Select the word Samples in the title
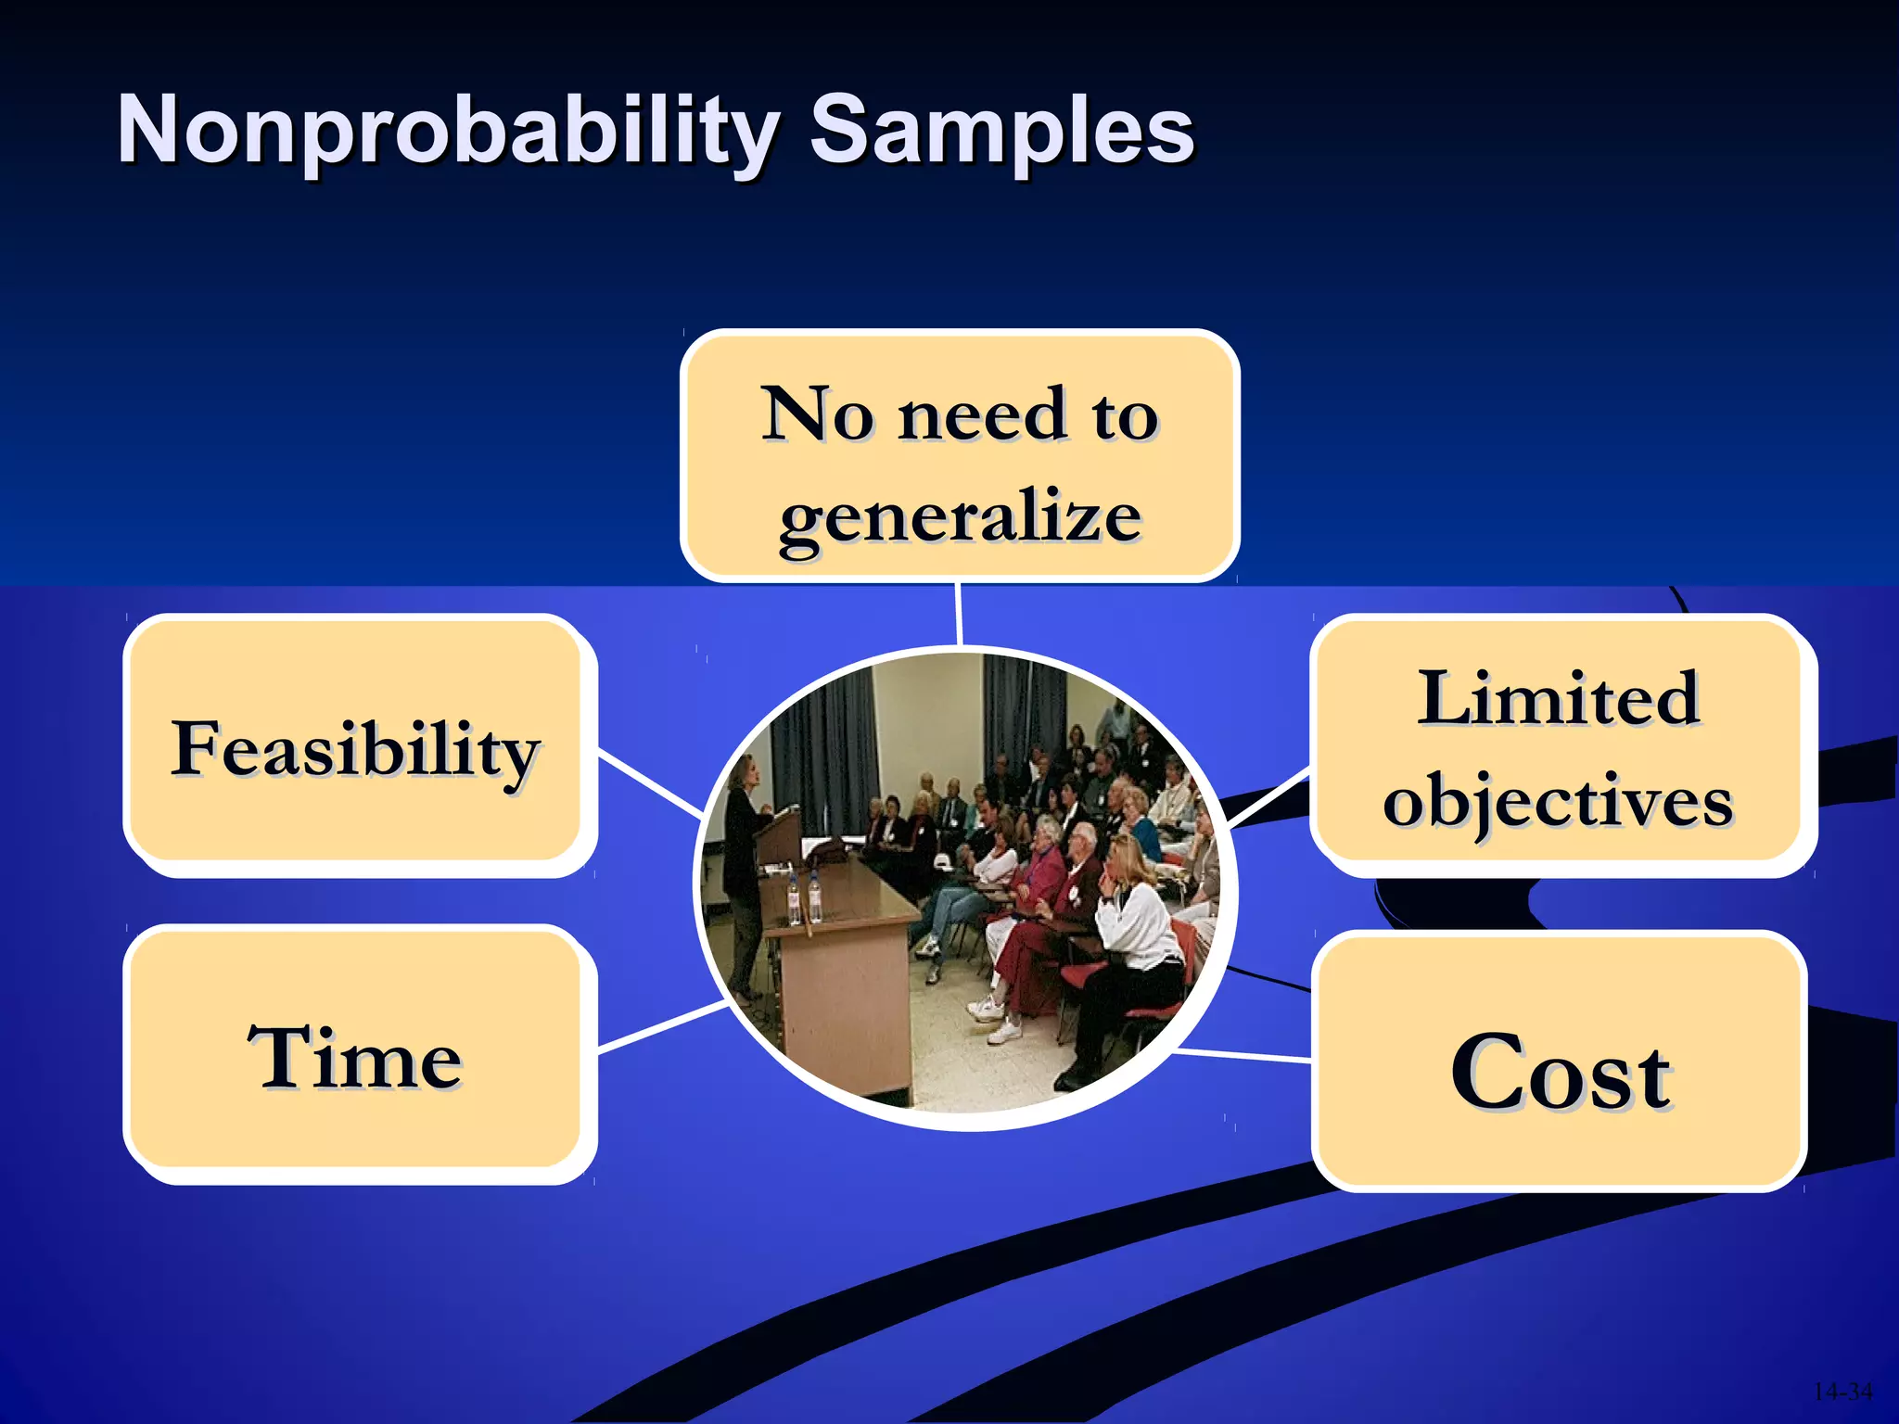(1001, 132)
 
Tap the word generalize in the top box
(960, 515)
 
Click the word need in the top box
(982, 413)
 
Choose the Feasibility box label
(355, 749)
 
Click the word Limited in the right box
(1558, 697)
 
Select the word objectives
(1558, 801)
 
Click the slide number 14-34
(1842, 1392)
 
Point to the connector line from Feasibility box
(649, 785)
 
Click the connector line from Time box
(660, 1026)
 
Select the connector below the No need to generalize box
(958, 614)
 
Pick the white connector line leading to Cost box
(1243, 1055)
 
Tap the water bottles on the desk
(804, 896)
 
